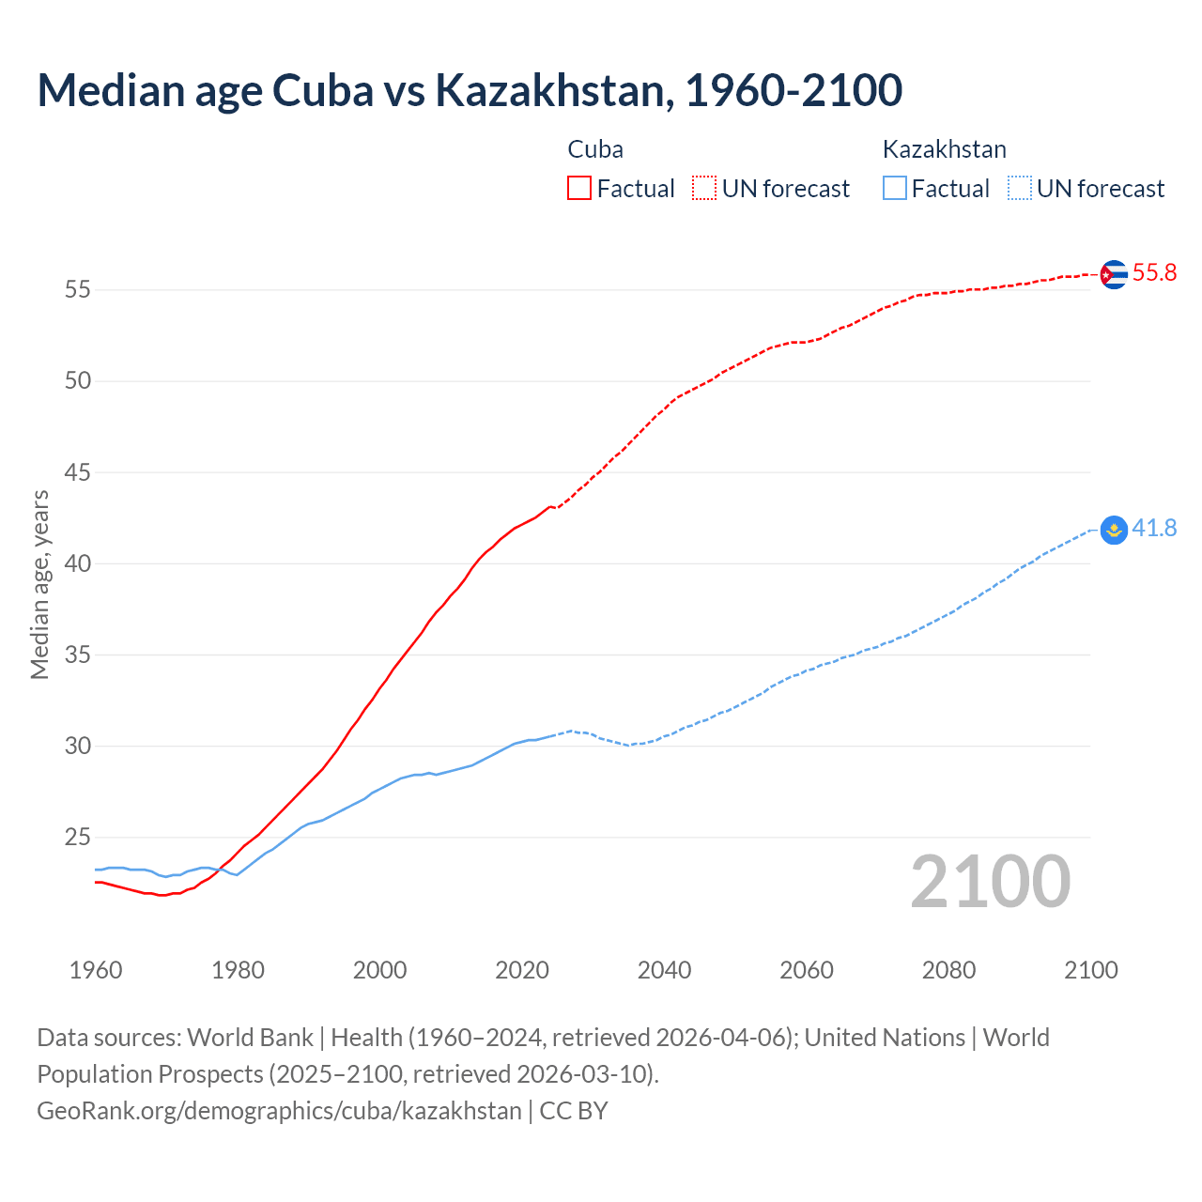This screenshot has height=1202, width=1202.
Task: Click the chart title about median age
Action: pos(470,90)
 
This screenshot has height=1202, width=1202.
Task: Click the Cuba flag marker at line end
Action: pos(1113,274)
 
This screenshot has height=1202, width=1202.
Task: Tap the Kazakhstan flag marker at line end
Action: pos(1113,530)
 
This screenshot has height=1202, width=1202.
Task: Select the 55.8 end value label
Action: pos(1154,273)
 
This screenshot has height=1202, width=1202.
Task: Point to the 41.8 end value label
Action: pos(1154,529)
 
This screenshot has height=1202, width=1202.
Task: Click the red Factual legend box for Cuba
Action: pos(579,188)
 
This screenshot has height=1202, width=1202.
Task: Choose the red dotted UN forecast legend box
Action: pos(704,188)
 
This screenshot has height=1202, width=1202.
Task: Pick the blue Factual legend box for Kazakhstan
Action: pos(895,188)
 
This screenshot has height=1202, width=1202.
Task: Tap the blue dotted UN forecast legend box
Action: pos(1019,188)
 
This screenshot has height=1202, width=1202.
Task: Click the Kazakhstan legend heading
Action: pos(944,149)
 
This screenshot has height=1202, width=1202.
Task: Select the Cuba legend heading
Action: pos(595,149)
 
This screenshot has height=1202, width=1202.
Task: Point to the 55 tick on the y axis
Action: pos(77,290)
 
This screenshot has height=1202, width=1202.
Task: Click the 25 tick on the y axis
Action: pos(77,838)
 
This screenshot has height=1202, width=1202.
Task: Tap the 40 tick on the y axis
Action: pos(77,564)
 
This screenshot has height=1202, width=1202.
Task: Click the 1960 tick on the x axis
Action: pos(96,970)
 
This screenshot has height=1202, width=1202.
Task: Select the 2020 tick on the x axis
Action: pos(522,970)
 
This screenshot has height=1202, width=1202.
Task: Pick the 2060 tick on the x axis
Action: pos(807,970)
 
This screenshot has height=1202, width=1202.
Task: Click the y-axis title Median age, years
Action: pos(39,584)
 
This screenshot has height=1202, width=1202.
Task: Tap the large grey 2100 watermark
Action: pos(990,882)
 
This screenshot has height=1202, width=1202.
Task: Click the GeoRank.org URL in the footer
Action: pos(279,1111)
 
